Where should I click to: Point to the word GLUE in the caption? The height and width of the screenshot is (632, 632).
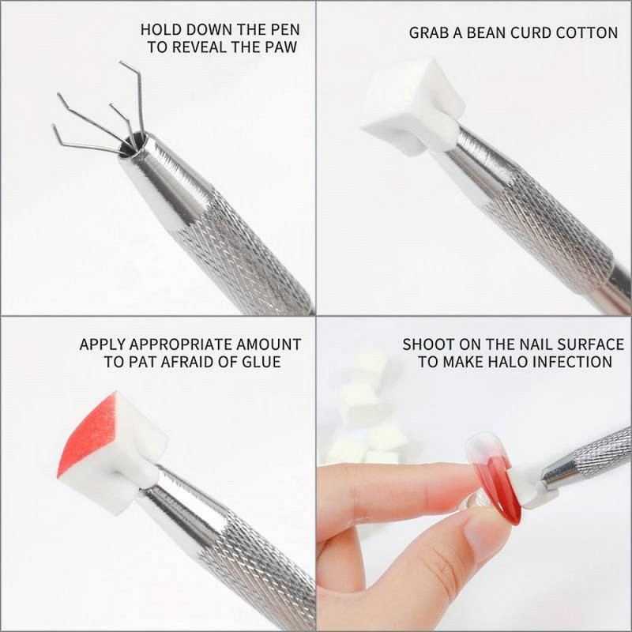click(x=261, y=363)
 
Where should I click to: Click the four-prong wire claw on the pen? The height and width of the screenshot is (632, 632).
click(x=103, y=118)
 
